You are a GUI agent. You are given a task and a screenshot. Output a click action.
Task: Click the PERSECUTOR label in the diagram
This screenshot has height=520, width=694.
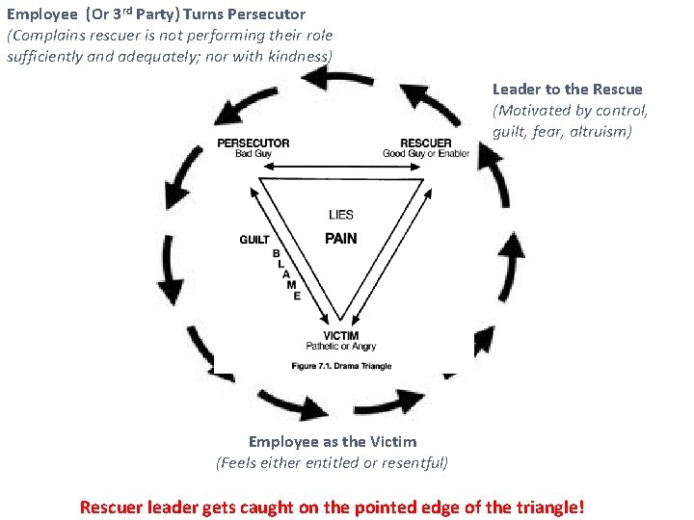pyautogui.click(x=254, y=143)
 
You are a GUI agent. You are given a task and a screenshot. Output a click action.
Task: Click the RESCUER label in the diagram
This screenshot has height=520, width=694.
pyautogui.click(x=425, y=143)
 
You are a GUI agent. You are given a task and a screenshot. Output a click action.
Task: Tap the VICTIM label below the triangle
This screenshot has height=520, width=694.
pyautogui.click(x=341, y=336)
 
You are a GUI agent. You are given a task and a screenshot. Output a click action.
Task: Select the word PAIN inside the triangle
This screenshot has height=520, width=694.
pyautogui.click(x=341, y=238)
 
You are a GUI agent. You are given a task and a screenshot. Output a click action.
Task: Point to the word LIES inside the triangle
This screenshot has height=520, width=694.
pyautogui.click(x=341, y=215)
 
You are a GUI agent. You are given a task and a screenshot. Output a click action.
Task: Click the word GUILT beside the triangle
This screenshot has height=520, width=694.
pyautogui.click(x=254, y=240)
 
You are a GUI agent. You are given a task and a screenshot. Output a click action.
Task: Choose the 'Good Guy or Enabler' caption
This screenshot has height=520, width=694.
pyautogui.click(x=425, y=154)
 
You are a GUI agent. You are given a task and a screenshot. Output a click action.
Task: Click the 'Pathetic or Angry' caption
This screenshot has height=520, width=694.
pyautogui.click(x=341, y=347)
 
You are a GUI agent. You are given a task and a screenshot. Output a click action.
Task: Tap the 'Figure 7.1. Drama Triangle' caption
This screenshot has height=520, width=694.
pyautogui.click(x=341, y=366)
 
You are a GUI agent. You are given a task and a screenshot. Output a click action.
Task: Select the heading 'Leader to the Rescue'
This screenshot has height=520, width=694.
pyautogui.click(x=567, y=90)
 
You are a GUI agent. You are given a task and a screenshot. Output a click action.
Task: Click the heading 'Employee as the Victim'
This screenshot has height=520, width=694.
pyautogui.click(x=333, y=442)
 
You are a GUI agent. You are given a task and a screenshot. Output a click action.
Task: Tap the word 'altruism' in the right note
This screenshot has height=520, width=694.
pyautogui.click(x=601, y=130)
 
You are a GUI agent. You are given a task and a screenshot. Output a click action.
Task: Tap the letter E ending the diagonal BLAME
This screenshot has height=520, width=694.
pyautogui.click(x=297, y=296)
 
